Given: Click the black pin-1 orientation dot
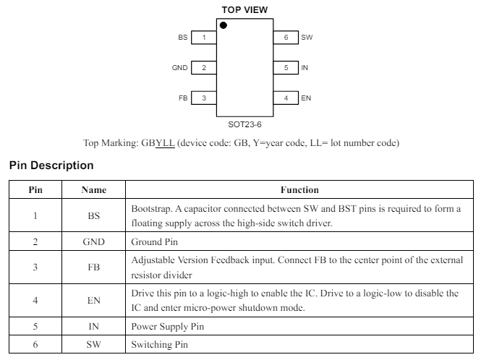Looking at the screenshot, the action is click(x=224, y=25).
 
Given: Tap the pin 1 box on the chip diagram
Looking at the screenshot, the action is click(x=204, y=38).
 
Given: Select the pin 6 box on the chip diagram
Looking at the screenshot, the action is click(x=286, y=38).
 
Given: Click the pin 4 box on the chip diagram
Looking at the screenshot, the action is click(x=286, y=98).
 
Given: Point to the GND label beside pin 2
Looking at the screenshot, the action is click(x=180, y=68).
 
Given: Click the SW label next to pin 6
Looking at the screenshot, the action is click(x=307, y=38).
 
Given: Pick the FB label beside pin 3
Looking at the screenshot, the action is click(x=183, y=98).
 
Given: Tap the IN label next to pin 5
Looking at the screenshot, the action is click(x=305, y=68).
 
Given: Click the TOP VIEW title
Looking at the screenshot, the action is click(x=244, y=10).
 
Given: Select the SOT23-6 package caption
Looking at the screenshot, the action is click(x=244, y=124).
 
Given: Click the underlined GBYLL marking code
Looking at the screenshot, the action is click(x=158, y=143).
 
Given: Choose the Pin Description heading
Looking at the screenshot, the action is click(x=51, y=166).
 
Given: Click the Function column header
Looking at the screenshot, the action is click(x=299, y=190).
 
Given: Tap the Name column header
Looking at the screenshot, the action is click(x=94, y=190).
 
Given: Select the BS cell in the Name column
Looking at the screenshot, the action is click(x=94, y=215).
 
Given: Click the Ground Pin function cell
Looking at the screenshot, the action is click(x=155, y=241).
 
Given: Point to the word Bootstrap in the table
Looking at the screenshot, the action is click(x=151, y=209).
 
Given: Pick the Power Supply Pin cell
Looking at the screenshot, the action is click(x=168, y=326).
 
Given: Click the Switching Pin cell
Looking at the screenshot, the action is click(x=160, y=344).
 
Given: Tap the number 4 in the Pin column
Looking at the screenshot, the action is click(x=35, y=300).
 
